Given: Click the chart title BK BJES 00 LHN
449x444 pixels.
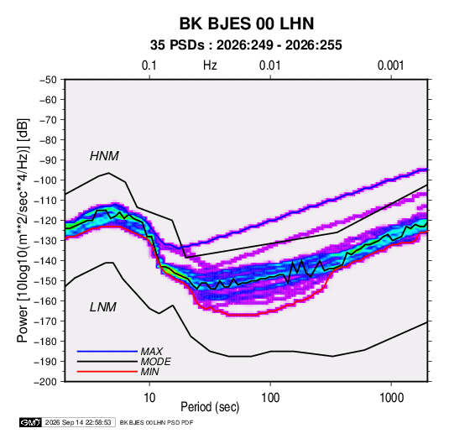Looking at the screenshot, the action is point(247,24).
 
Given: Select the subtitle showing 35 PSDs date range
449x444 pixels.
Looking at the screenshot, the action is point(246,45).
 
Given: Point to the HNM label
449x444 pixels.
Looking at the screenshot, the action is point(104,156).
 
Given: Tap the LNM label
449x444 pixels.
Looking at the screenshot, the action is point(103,307).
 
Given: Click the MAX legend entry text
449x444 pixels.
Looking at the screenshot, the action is point(152,351).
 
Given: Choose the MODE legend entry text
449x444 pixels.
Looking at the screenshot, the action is point(156,362).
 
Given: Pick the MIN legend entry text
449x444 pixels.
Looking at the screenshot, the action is point(149,372).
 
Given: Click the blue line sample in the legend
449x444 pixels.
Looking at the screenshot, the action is point(107,351).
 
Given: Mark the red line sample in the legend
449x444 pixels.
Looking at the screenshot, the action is point(107,372).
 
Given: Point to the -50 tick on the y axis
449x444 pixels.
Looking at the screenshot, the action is point(48,80).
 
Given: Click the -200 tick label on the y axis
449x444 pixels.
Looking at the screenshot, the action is point(45,382).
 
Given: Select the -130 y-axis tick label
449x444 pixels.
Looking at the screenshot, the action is point(45,241).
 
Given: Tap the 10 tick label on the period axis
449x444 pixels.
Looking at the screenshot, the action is point(149,398).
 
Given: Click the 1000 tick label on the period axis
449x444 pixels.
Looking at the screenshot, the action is point(391,398).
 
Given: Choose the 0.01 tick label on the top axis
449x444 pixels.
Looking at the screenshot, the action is point(269,65).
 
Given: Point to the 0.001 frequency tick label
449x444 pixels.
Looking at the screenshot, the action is point(390,65).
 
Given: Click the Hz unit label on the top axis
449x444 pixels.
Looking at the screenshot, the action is point(210,65).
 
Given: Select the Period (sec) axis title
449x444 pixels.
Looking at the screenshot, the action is point(210,407).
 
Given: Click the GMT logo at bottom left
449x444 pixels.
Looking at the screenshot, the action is point(31,422).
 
